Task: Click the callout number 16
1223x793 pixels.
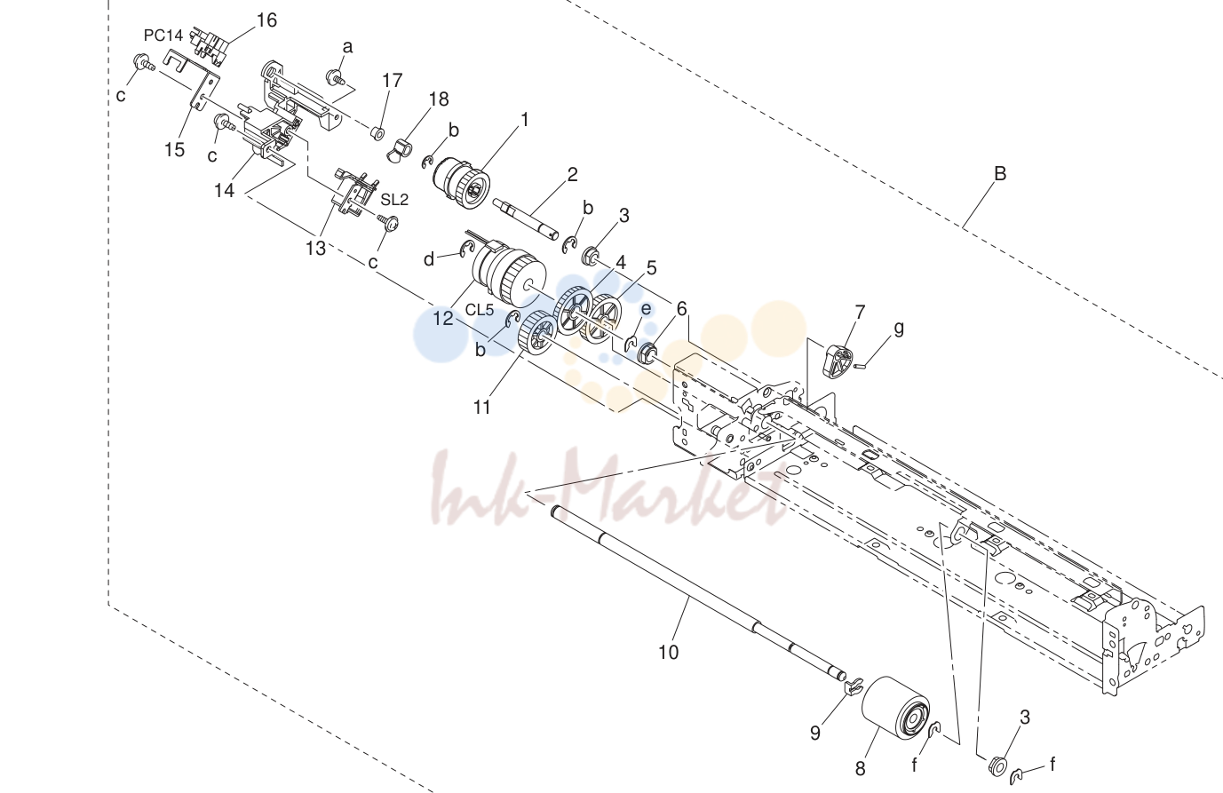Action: tap(266, 20)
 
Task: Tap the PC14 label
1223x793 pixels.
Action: tap(163, 36)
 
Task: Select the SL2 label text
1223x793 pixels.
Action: tap(394, 200)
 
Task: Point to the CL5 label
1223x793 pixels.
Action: tap(480, 310)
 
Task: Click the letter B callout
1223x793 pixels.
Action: tap(1000, 173)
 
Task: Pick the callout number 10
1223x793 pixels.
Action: tap(668, 652)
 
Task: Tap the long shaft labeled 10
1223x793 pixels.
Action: tap(698, 594)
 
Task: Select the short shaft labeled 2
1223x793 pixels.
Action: tap(526, 218)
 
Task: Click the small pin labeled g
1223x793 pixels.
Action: tap(860, 366)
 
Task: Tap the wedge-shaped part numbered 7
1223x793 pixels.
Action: tap(837, 361)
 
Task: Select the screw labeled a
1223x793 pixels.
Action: tap(334, 77)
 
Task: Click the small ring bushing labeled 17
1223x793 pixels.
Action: tap(377, 132)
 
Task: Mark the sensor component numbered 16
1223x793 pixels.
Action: tap(209, 44)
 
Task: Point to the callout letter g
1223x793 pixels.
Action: tap(898, 329)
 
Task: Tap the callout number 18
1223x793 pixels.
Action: tap(439, 99)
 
